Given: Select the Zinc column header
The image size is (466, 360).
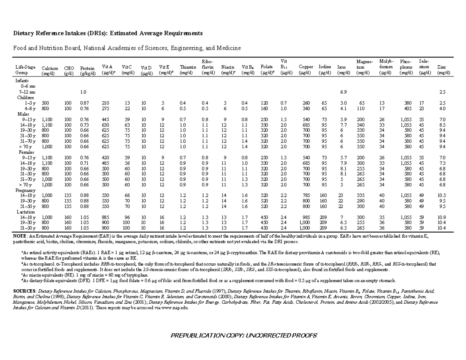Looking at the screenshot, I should pyautogui.click(x=442, y=70).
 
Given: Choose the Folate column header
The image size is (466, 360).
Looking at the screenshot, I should pyautogui.click(x=266, y=70).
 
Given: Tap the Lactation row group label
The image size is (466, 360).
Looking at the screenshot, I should pyautogui.click(x=26, y=212).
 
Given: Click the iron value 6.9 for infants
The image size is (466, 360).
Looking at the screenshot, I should pyautogui.click(x=343, y=92).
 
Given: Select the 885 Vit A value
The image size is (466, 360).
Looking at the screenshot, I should pyautogui.click(x=105, y=217).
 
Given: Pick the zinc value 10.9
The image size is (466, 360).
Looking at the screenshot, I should pyautogui.click(x=441, y=217).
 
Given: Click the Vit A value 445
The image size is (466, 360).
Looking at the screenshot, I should pyautogui.click(x=105, y=120).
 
